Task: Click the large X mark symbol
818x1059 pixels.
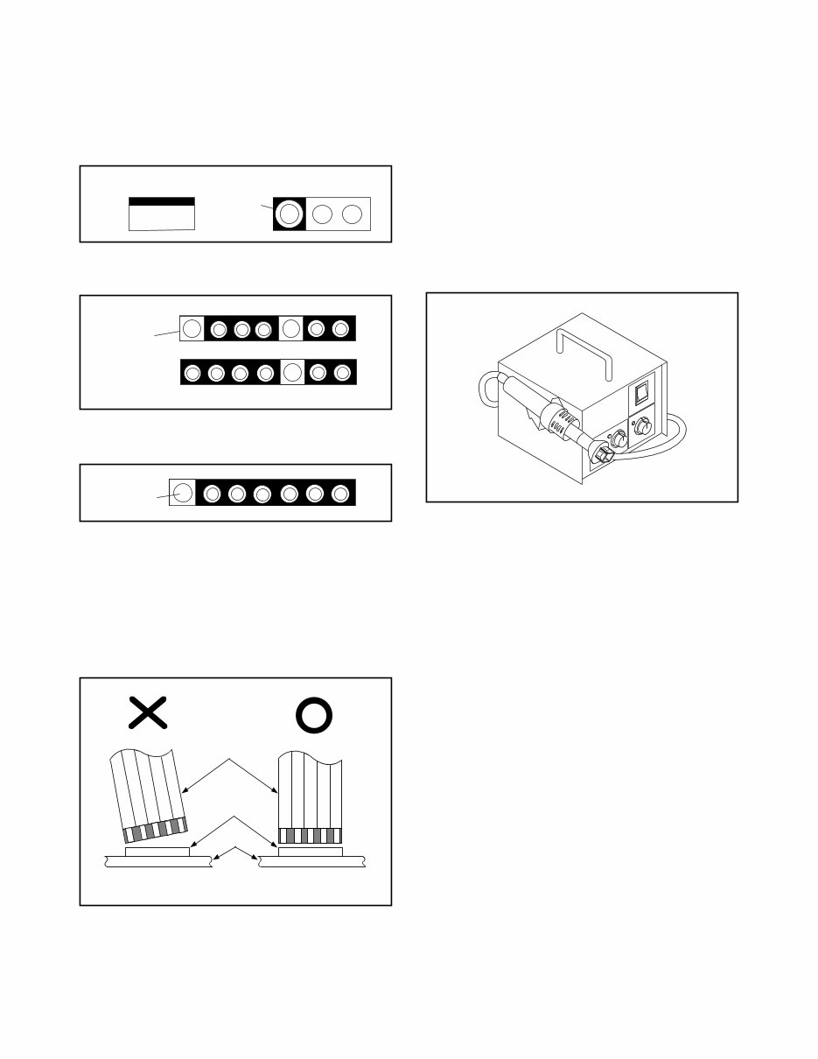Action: [148, 713]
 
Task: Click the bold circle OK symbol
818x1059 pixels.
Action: [314, 716]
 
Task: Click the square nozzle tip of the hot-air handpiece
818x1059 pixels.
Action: [600, 453]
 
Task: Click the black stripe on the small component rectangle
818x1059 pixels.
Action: [162, 201]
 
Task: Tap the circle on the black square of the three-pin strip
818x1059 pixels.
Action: [289, 214]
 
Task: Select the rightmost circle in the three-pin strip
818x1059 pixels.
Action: [353, 214]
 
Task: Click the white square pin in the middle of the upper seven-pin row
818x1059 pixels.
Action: [291, 328]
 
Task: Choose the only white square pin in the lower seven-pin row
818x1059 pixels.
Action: [292, 373]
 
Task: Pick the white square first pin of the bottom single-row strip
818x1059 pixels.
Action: [181, 493]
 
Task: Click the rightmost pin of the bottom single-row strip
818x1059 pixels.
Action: [340, 494]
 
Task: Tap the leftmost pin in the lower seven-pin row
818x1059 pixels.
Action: [192, 373]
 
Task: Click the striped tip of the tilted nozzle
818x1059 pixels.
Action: [157, 828]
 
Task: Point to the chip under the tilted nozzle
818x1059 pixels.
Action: [157, 851]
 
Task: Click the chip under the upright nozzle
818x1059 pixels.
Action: [310, 851]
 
